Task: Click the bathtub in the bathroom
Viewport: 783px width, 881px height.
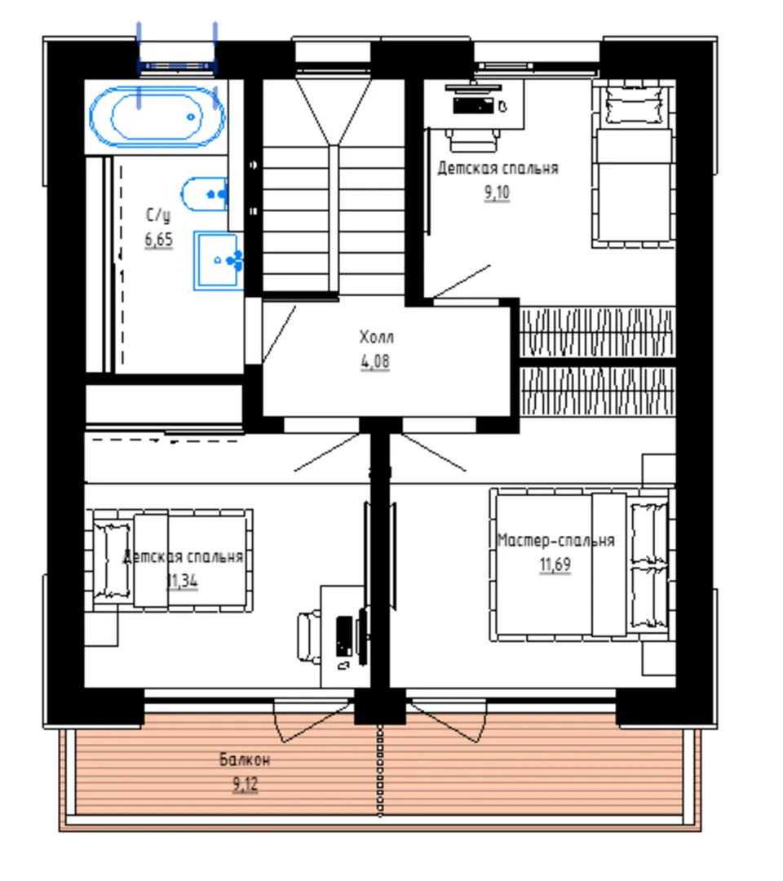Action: tap(157, 117)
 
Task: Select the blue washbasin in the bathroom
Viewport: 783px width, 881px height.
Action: tap(219, 261)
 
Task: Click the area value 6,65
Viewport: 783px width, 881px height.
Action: tap(159, 240)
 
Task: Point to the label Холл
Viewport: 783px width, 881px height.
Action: tap(376, 337)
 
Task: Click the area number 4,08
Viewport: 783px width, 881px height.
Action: tap(375, 361)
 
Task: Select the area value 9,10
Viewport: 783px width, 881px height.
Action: tap(497, 193)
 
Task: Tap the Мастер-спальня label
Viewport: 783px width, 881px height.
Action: tap(556, 541)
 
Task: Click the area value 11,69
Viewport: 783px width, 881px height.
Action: tap(555, 564)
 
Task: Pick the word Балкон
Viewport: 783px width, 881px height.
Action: tap(245, 759)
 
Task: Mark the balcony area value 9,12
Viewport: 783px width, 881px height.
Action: tap(246, 784)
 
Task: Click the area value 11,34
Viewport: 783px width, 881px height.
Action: tap(183, 581)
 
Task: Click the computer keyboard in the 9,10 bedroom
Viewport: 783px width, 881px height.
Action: tap(474, 105)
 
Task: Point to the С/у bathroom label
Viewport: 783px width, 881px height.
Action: tap(158, 215)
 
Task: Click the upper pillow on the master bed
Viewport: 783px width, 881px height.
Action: tap(649, 533)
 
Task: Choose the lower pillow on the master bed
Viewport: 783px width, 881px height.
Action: tap(649, 597)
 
